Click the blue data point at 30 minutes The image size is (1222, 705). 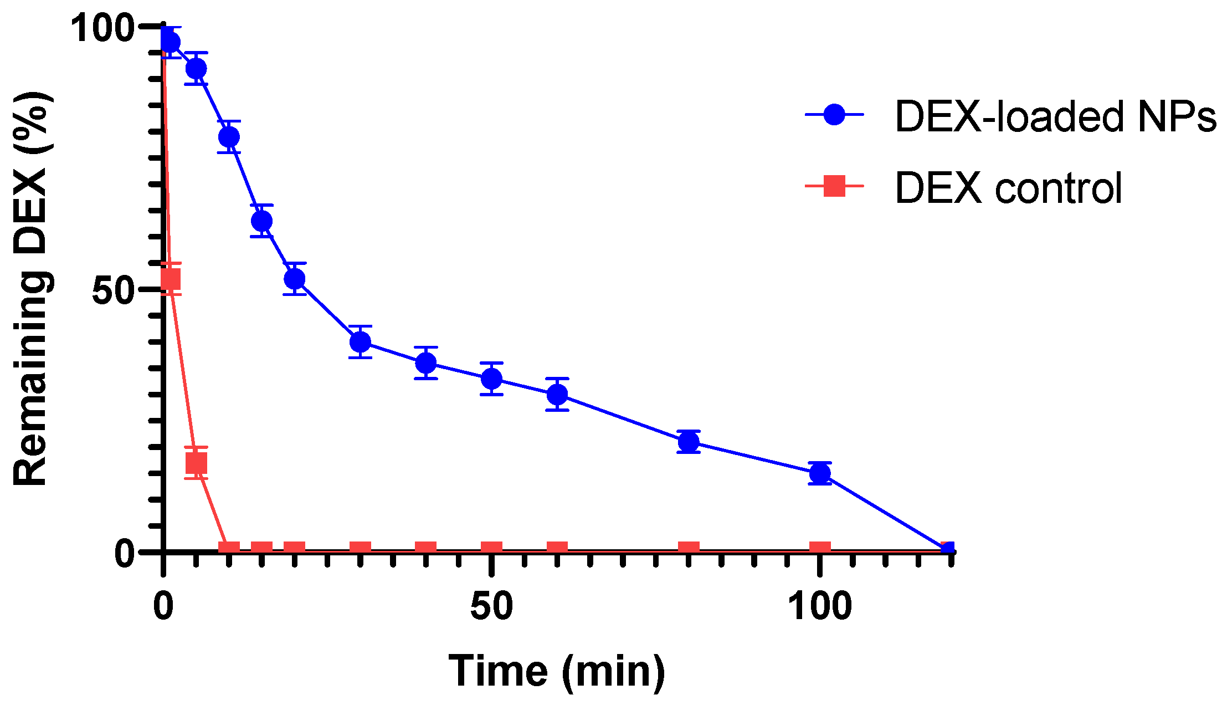[x=360, y=342]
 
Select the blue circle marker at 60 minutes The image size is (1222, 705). [x=557, y=395]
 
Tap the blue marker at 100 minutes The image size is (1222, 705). [x=820, y=473]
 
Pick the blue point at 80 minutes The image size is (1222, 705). [x=689, y=442]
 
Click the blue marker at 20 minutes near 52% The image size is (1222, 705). [x=295, y=278]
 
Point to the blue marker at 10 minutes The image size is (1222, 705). [x=229, y=137]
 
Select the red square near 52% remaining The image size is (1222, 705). [x=171, y=279]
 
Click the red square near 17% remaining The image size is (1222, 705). [x=196, y=462]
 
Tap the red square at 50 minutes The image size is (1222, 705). [x=491, y=548]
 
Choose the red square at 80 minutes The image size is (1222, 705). [x=689, y=548]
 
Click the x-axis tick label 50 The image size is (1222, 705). [x=491, y=606]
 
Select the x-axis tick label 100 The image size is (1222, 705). [x=820, y=606]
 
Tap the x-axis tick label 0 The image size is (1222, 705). [x=163, y=606]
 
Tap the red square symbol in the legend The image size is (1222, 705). [x=834, y=186]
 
